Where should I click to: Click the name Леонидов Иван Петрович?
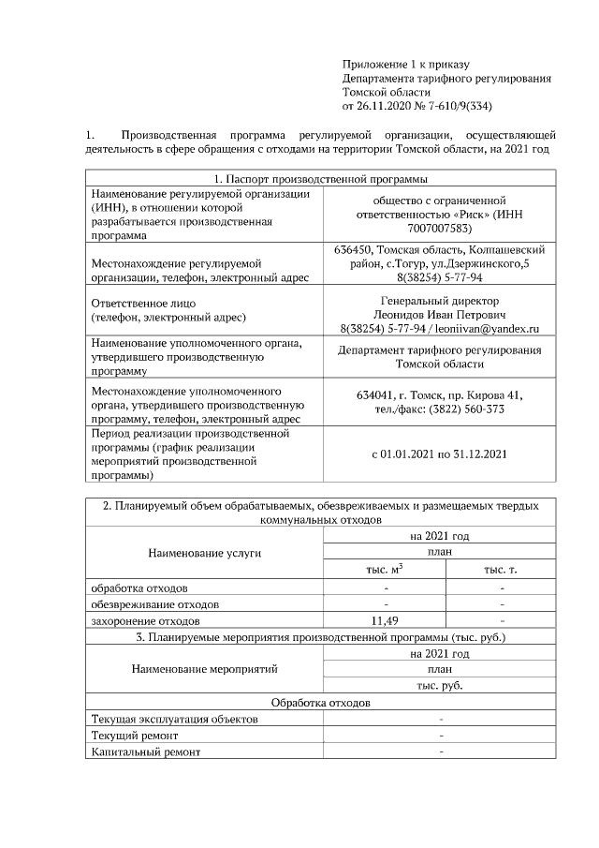pos(439,314)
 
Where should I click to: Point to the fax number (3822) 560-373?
pos(467,409)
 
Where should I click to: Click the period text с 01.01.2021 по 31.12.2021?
pos(439,454)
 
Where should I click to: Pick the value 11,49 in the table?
pos(385,620)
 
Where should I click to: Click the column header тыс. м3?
pos(384,570)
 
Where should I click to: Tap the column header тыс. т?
pos(502,570)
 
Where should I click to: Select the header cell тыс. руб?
pos(440,685)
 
